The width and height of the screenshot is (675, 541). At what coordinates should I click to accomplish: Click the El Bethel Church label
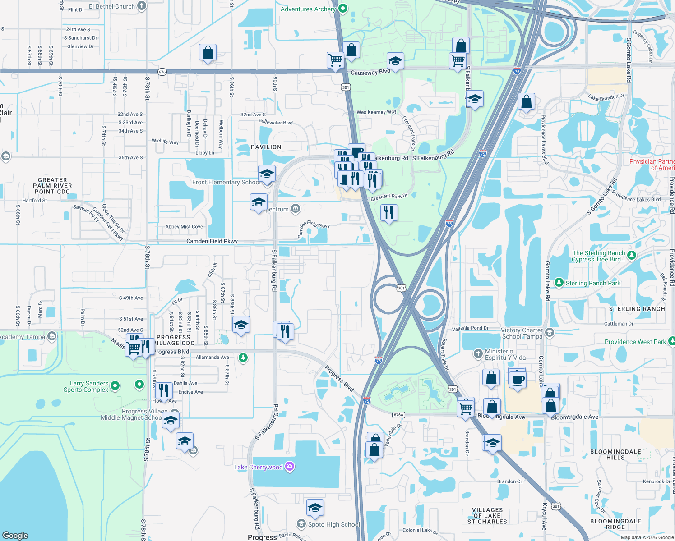pyautogui.click(x=112, y=6)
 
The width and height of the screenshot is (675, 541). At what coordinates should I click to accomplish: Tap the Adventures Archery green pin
pyautogui.click(x=343, y=9)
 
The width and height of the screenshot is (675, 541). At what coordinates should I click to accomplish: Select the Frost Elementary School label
pyautogui.click(x=226, y=183)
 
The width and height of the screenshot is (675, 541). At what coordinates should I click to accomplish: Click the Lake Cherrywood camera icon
pyautogui.click(x=290, y=467)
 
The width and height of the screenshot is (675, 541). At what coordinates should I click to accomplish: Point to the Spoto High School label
pyautogui.click(x=334, y=524)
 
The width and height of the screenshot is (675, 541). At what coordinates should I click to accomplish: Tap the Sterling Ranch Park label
pyautogui.click(x=593, y=283)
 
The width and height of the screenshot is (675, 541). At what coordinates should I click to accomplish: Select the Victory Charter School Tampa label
pyautogui.click(x=522, y=333)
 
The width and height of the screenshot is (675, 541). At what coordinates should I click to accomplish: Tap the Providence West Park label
pyautogui.click(x=635, y=342)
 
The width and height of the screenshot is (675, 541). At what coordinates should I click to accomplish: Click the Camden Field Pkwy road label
pyautogui.click(x=212, y=241)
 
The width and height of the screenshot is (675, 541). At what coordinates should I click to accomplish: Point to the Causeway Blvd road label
pyautogui.click(x=370, y=72)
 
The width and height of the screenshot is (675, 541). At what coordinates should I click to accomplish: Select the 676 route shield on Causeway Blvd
pyautogui.click(x=162, y=72)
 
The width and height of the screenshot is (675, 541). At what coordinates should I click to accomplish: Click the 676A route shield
pyautogui.click(x=398, y=415)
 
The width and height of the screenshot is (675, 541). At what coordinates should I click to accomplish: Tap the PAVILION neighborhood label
pyautogui.click(x=266, y=147)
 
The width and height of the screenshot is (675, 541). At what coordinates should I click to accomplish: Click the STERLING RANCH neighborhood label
pyautogui.click(x=637, y=309)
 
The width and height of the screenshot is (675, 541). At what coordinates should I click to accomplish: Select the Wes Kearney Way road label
pyautogui.click(x=376, y=112)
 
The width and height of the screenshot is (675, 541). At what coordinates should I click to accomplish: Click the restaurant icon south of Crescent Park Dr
pyautogui.click(x=389, y=212)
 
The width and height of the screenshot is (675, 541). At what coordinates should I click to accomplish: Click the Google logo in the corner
pyautogui.click(x=15, y=535)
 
